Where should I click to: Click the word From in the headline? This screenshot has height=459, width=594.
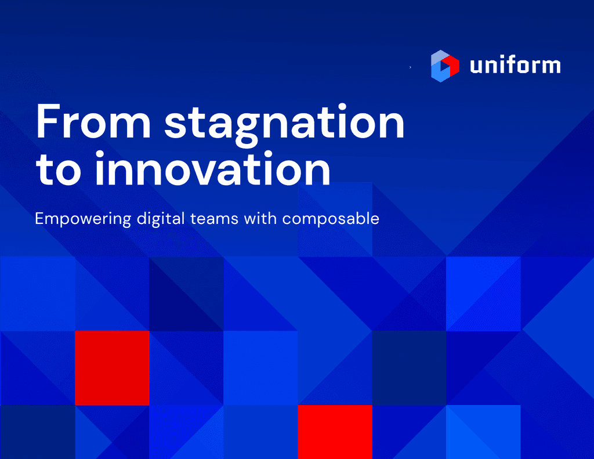coord(93,121)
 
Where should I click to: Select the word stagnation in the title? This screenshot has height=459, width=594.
coord(284,124)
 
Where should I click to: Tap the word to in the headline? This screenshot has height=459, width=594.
coord(59,169)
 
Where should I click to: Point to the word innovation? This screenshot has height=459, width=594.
coord(212,168)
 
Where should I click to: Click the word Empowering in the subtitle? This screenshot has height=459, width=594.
coord(83,219)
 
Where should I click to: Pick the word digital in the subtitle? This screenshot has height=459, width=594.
coord(161,219)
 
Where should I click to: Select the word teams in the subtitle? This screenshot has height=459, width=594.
coord(215,219)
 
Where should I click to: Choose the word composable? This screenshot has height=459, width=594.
coord(331,219)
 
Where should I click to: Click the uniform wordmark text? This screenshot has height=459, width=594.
coord(515,66)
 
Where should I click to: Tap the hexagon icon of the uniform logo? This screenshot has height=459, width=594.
coord(445,66)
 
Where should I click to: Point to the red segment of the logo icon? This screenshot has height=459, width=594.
coord(451,65)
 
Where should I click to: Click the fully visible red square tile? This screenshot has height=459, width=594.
coord(112,368)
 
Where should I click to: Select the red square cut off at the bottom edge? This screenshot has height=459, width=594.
coord(335,432)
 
